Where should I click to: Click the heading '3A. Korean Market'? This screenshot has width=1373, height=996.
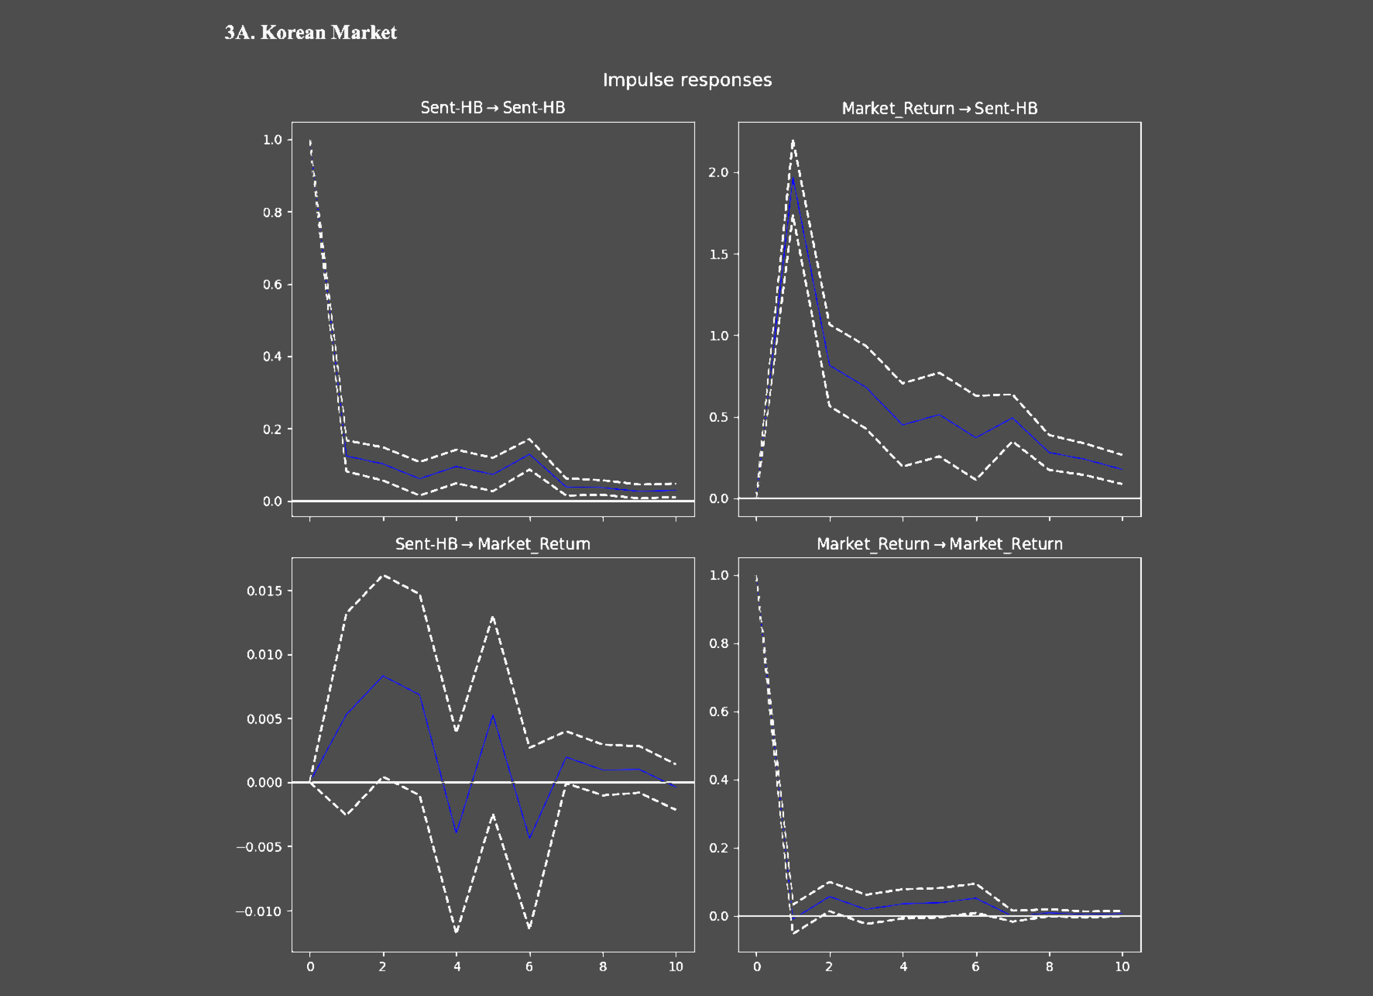point(311,32)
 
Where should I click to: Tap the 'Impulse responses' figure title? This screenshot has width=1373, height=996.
point(687,80)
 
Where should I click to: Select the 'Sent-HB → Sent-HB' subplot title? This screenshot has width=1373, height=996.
point(493,108)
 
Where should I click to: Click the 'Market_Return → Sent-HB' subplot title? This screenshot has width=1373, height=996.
point(940,109)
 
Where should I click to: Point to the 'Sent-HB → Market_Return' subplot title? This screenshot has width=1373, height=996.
point(493,544)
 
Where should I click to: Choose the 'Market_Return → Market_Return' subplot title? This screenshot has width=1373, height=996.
point(940,544)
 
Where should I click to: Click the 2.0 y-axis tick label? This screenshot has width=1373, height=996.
point(719,173)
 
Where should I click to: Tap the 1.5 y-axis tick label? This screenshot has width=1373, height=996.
point(719,255)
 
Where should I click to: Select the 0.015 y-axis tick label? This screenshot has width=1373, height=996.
point(265,591)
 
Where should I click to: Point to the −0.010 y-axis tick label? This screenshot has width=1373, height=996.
point(259,911)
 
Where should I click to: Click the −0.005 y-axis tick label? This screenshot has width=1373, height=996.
point(259,847)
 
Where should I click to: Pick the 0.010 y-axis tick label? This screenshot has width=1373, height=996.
point(265,655)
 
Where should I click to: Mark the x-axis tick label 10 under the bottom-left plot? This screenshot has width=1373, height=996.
point(676,967)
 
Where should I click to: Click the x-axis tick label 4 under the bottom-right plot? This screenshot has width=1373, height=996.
point(903,967)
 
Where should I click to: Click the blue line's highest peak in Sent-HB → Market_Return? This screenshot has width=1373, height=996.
point(383,676)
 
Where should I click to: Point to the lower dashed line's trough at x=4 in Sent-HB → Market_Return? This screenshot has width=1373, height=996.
point(456,931)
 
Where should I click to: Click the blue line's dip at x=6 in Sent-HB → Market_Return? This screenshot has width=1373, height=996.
point(530,838)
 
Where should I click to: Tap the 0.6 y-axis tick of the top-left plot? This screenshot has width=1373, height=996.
point(272,285)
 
